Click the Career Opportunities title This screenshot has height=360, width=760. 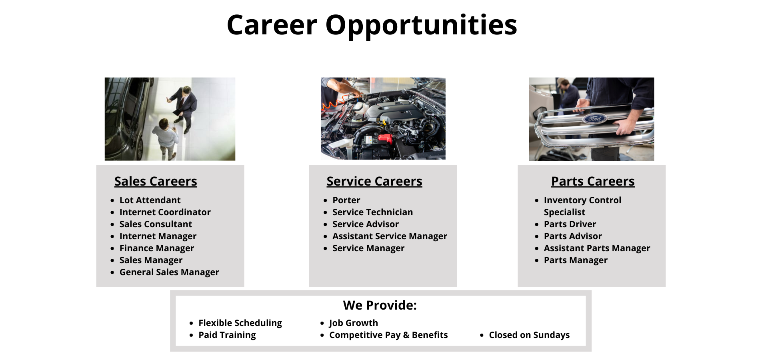coord(372,25)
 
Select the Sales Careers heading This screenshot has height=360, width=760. coord(156,181)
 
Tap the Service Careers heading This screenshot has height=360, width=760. coord(374,181)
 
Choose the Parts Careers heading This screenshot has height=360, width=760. coord(592,181)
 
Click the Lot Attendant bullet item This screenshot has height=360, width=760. coord(150,200)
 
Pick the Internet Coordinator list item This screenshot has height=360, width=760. coord(165,212)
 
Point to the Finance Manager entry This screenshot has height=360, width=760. coord(156,248)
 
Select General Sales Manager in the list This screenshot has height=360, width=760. coord(169,272)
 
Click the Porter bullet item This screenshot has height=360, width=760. coord(346,200)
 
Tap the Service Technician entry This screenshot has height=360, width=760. coord(372,212)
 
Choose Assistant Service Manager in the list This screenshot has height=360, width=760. coord(390,236)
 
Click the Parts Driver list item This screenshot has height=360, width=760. coord(570,224)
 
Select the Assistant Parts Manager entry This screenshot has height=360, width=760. coord(597,248)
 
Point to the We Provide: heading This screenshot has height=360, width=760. coord(380,305)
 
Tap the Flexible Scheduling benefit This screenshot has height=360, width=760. coord(240,323)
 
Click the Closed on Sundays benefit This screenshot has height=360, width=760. coord(529,335)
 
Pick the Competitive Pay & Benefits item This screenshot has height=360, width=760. coord(388,335)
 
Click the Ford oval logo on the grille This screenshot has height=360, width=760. coord(594,118)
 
